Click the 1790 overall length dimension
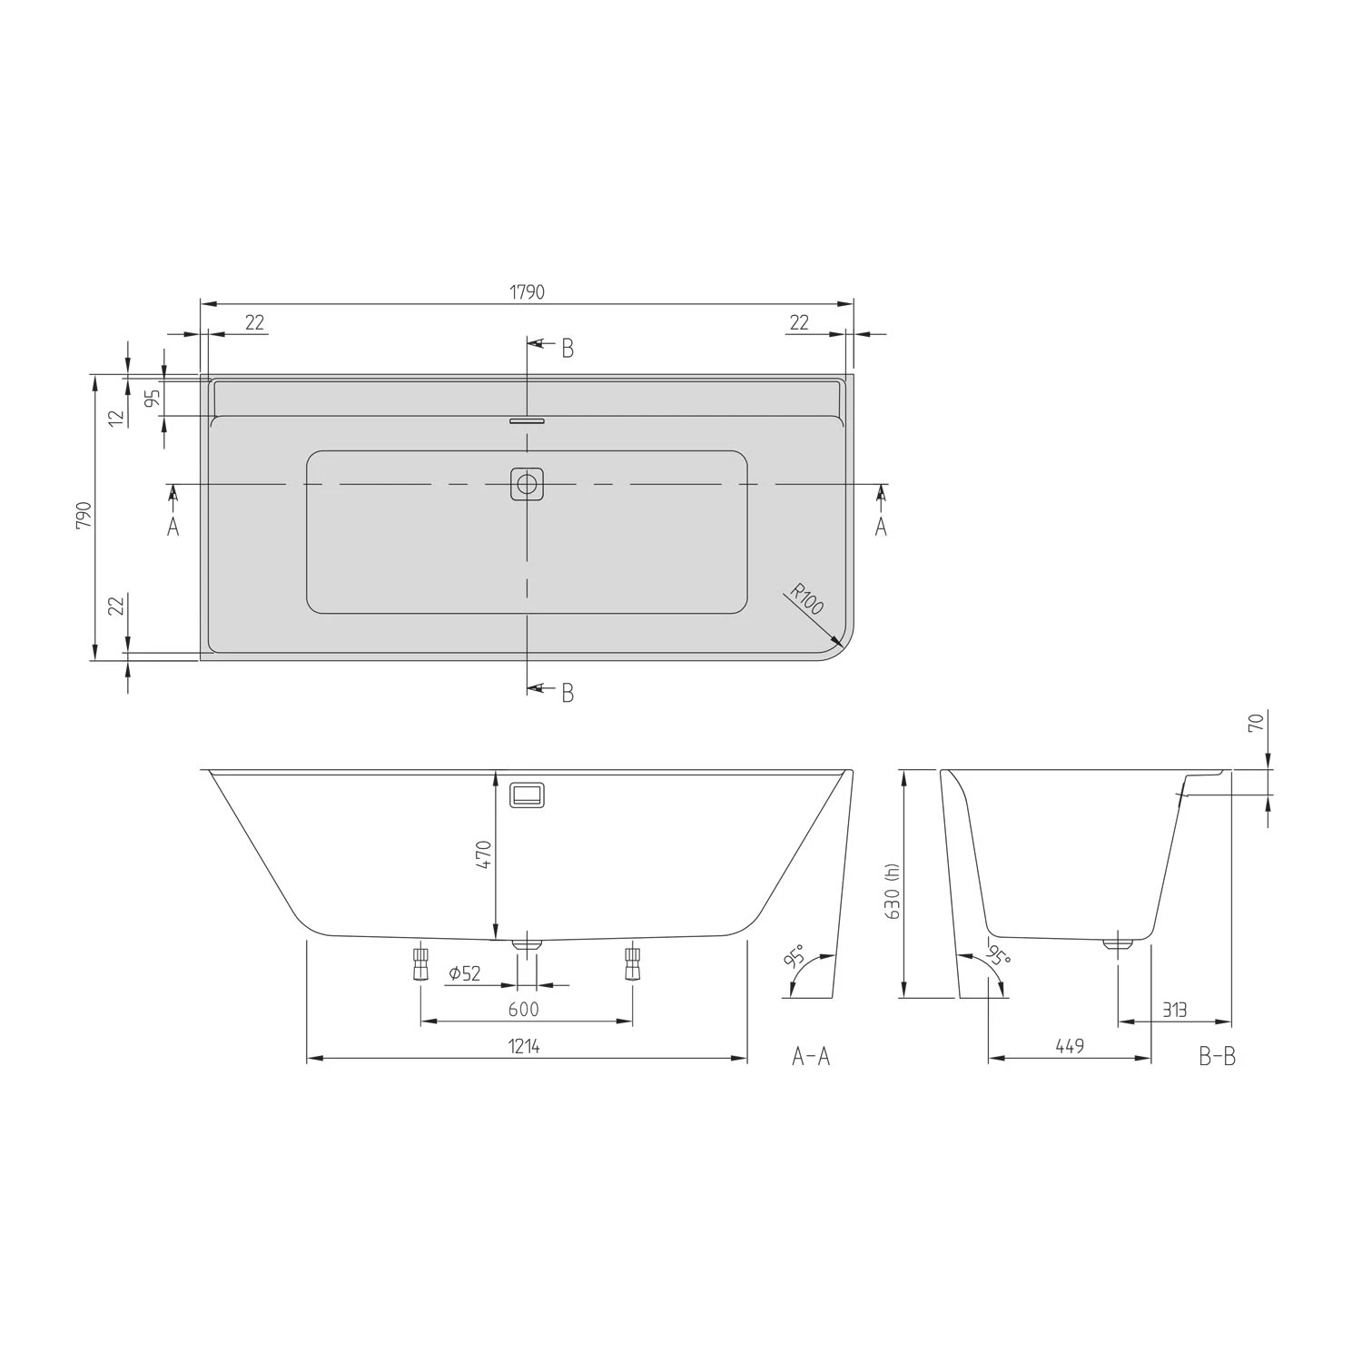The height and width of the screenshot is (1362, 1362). (527, 292)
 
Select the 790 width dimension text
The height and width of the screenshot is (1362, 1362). (84, 516)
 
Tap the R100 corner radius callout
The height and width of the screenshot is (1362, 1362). (805, 601)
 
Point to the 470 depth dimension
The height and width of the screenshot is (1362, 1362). (483, 855)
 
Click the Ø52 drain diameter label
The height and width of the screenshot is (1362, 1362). (465, 974)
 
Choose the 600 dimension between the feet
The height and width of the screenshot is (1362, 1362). (524, 1010)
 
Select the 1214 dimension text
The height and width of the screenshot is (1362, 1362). (524, 1047)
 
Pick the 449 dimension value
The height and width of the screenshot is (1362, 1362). (1070, 1047)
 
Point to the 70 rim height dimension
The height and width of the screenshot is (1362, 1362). (1256, 723)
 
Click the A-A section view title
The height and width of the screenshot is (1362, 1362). (811, 1056)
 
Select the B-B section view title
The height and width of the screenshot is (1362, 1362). (1217, 1056)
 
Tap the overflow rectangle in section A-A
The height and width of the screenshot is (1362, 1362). (528, 795)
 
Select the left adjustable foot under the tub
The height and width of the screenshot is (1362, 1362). (420, 964)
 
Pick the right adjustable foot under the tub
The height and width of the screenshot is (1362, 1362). (632, 964)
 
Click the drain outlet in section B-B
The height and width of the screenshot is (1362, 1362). (1119, 944)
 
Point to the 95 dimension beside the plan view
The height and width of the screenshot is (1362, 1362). (153, 397)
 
